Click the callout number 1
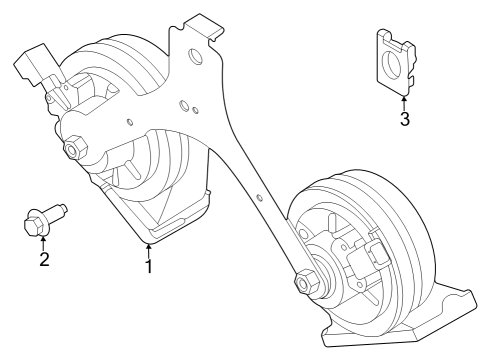pyautogui.click(x=148, y=266)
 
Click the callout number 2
pyautogui.click(x=44, y=261)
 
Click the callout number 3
pyautogui.click(x=404, y=120)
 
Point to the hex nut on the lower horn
pyautogui.click(x=302, y=283)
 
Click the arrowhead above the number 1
pyautogui.click(x=148, y=245)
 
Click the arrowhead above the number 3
pyautogui.click(x=404, y=98)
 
